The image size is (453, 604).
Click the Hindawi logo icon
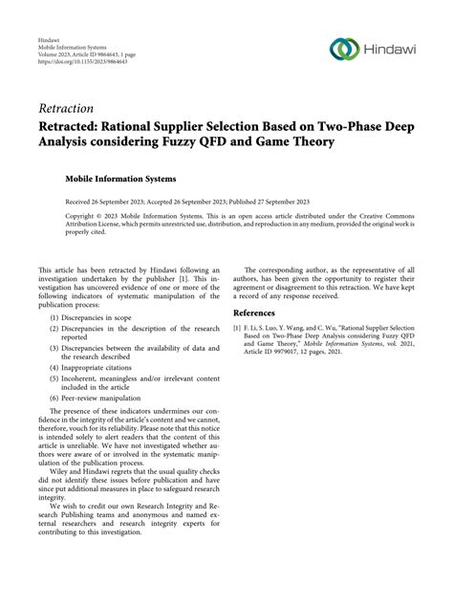click(341, 49)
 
